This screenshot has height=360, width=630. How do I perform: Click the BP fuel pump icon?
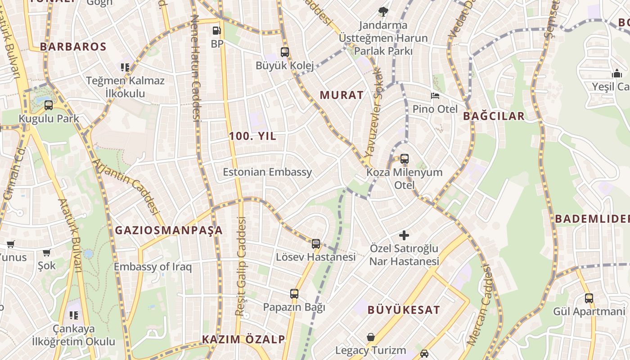tap(216, 31)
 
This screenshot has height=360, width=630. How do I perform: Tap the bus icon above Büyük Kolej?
tap(284, 52)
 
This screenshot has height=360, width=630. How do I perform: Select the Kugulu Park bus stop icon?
tap(49, 105)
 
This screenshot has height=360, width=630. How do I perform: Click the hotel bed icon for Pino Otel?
tap(435, 95)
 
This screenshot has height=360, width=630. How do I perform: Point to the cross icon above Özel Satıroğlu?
tap(404, 235)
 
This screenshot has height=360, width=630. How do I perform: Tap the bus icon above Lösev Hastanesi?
tap(316, 244)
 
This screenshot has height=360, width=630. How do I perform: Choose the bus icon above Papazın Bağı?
tap(294, 294)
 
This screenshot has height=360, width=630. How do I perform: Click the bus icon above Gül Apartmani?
tap(589, 298)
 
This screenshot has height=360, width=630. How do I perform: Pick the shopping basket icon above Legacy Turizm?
tap(370, 337)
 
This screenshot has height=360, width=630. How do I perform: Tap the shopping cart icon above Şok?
tap(46, 252)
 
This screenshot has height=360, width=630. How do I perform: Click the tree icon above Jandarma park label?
tap(383, 12)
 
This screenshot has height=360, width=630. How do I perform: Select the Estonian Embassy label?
tap(267, 172)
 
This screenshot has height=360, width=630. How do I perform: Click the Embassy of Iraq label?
tap(153, 267)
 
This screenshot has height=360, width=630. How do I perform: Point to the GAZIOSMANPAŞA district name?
tap(169, 230)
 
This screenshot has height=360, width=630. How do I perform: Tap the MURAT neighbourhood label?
tap(342, 95)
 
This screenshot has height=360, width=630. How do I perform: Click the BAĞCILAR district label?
tap(494, 116)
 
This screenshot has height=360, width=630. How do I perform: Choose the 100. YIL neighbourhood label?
tap(252, 136)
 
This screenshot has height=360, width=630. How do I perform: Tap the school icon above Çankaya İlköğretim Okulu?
tap(73, 315)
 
